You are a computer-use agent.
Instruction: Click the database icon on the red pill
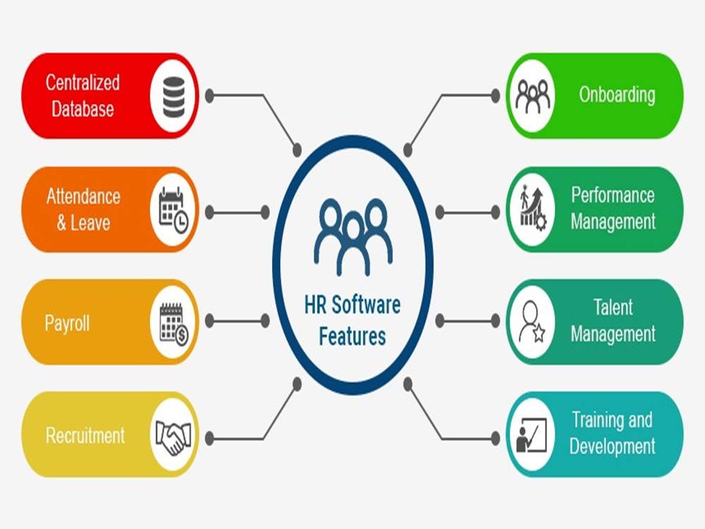click(x=172, y=96)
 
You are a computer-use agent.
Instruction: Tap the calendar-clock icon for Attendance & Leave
click(x=173, y=209)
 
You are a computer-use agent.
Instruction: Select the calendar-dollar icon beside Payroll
click(x=173, y=322)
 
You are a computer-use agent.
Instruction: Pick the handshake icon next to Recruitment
click(x=173, y=435)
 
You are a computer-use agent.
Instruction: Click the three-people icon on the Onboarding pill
click(x=532, y=96)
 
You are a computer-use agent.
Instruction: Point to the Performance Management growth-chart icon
click(x=532, y=209)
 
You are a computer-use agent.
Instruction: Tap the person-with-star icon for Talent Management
click(x=532, y=322)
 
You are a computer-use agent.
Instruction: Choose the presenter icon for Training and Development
click(x=532, y=435)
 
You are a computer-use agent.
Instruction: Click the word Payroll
click(x=67, y=323)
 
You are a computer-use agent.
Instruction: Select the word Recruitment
click(x=85, y=435)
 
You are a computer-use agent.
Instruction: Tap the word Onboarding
click(x=617, y=95)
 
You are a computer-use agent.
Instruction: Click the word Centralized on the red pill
click(x=82, y=83)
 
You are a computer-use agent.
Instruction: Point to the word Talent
click(x=613, y=308)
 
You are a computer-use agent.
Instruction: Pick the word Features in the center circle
click(x=352, y=336)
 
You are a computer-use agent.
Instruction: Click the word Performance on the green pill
click(x=613, y=195)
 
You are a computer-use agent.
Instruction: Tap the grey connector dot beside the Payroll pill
click(x=265, y=321)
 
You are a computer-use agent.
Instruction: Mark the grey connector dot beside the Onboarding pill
click(x=495, y=95)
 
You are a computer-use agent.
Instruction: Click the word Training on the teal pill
click(x=597, y=421)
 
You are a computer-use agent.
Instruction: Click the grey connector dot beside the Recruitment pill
click(x=209, y=439)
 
